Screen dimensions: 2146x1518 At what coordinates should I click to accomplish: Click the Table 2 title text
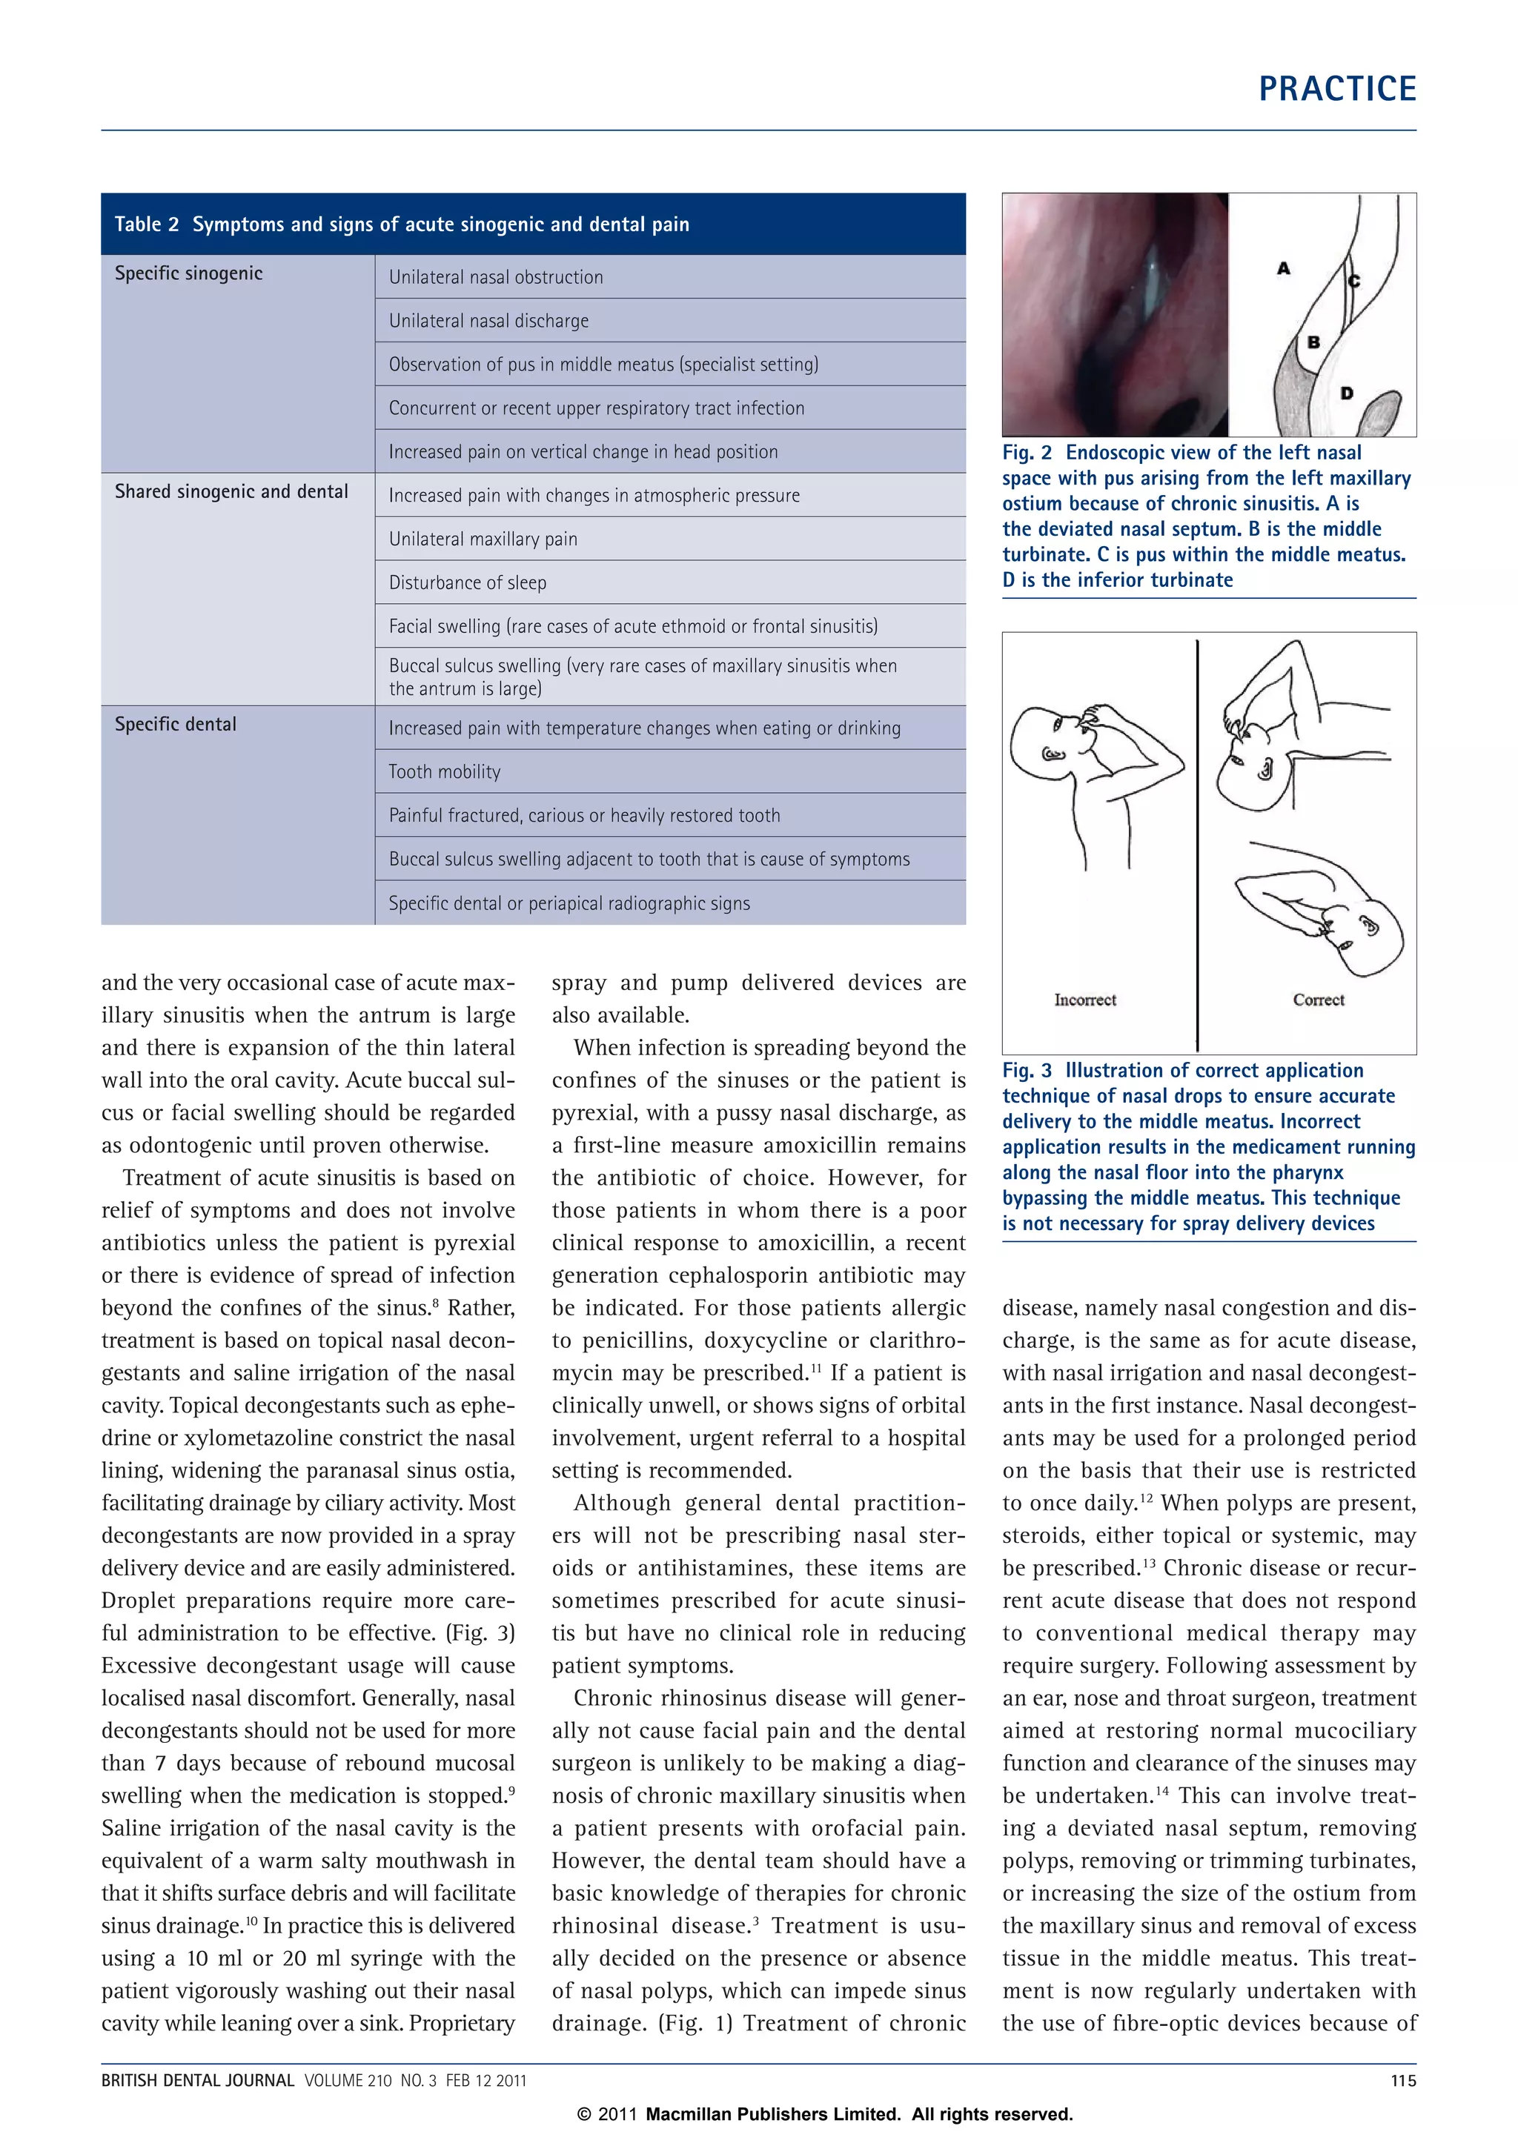[401, 225]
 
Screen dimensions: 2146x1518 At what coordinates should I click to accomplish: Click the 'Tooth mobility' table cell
[444, 771]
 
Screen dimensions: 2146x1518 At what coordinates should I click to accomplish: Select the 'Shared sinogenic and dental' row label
[231, 491]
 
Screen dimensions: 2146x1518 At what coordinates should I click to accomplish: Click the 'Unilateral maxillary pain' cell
[483, 539]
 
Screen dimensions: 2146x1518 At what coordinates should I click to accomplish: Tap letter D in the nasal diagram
[1346, 393]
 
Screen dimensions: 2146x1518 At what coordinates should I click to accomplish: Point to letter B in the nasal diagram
[1313, 342]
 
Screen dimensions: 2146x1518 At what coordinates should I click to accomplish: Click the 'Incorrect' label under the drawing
[1084, 1000]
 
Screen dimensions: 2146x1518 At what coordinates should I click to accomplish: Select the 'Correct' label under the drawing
[1318, 1000]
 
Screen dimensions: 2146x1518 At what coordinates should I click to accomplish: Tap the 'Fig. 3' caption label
[1027, 1071]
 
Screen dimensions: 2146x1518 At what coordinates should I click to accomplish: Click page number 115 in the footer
[1402, 2081]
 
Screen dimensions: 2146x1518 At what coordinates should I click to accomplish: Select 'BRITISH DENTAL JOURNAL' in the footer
[197, 2081]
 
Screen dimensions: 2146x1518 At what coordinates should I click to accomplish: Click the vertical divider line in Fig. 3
[1196, 841]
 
